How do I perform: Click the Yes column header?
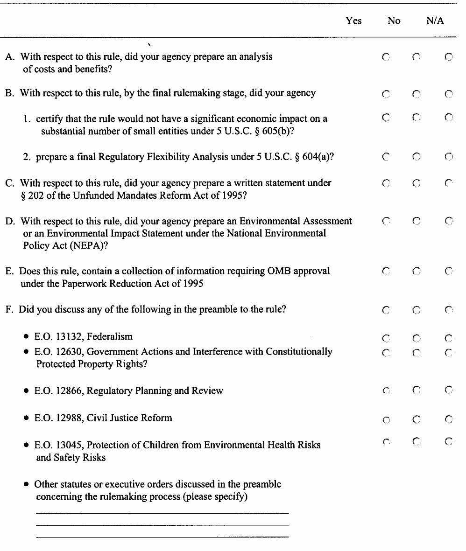354,21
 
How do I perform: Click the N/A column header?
435,21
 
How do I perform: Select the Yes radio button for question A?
386,57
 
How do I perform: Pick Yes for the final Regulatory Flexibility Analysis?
386,156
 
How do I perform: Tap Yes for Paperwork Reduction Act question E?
386,271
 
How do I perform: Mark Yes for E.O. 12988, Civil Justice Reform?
386,419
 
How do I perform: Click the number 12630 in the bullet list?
62,352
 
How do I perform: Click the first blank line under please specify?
162,513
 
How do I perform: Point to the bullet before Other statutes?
28,485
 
